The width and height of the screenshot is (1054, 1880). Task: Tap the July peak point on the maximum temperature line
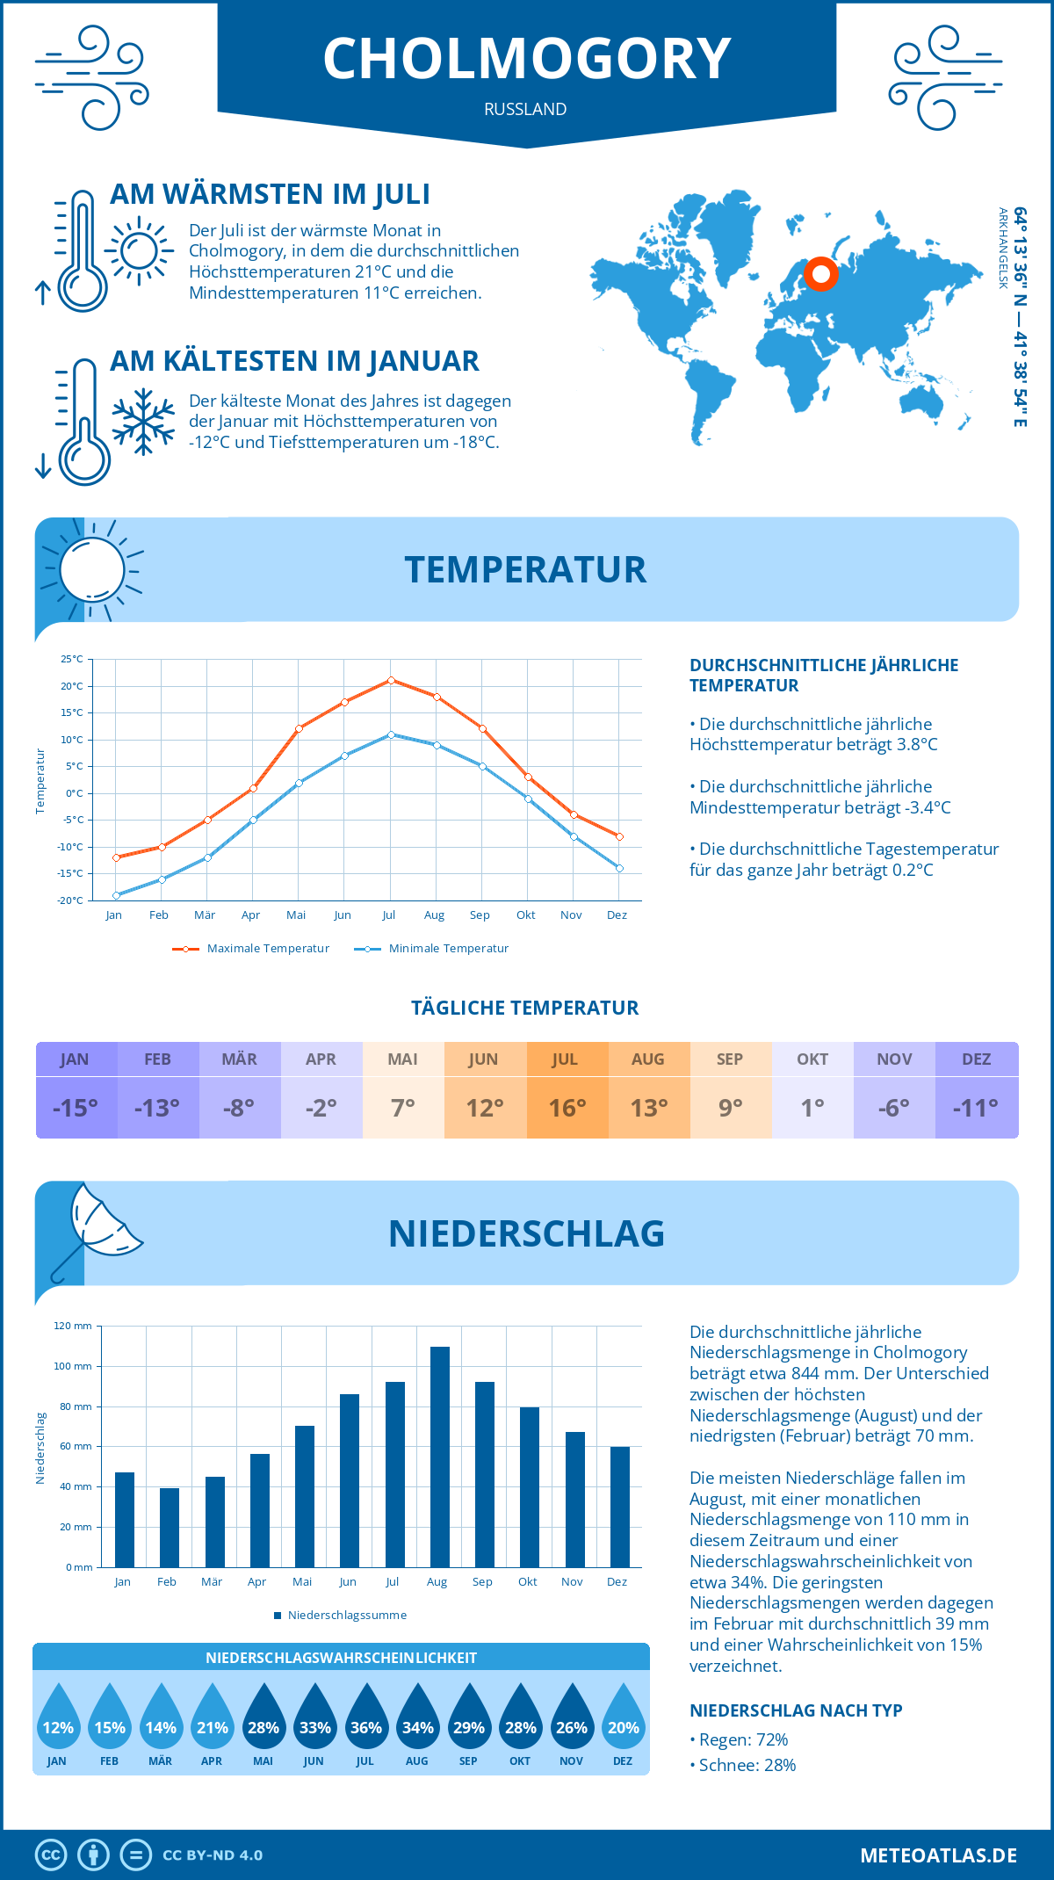pos(391,680)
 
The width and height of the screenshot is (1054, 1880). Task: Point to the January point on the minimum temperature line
pos(116,895)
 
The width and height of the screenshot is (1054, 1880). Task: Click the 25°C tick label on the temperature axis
pos(72,659)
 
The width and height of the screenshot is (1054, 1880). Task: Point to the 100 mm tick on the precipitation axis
pos(73,1366)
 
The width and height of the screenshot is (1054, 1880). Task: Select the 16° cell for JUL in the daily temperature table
pos(567,1108)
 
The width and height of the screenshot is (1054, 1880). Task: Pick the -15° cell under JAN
pos(76,1108)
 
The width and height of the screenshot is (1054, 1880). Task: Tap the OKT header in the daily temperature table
pos(812,1059)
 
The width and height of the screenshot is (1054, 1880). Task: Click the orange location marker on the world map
pos(821,274)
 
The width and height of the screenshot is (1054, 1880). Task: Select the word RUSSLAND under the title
pos(525,109)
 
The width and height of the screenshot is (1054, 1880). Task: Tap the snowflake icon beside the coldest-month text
pos(143,422)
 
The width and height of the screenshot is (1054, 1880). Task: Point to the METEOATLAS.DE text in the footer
pos(938,1855)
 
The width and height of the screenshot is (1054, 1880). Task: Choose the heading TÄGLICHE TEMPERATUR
pos(525,1008)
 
